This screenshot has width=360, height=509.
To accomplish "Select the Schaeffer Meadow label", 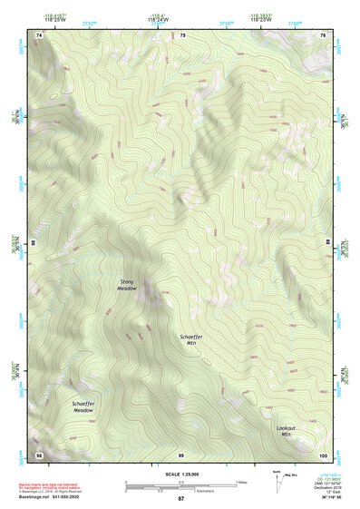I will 83,406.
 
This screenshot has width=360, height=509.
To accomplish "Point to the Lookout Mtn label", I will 287,431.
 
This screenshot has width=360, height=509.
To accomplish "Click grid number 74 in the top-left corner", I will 39,34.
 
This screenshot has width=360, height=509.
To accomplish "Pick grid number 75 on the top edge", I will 182,34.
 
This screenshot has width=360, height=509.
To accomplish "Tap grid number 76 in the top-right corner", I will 323,34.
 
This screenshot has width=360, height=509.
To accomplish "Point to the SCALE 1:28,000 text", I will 180,474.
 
